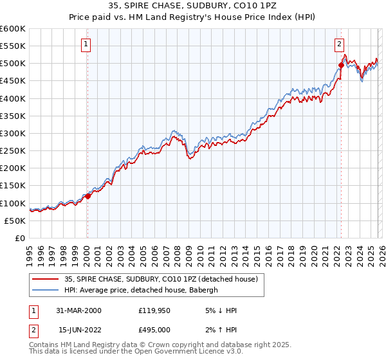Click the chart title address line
click(x=193, y=6)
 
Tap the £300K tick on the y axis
click(x=13, y=134)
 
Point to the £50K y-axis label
click(x=15, y=221)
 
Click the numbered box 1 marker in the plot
click(x=86, y=44)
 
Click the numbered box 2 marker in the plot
click(x=339, y=44)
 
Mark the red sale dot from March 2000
click(x=88, y=196)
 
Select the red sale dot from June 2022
click(x=341, y=65)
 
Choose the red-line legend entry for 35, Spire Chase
click(x=161, y=279)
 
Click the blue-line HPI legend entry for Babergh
click(x=141, y=290)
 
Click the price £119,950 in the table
click(x=153, y=310)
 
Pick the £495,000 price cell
click(x=153, y=330)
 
